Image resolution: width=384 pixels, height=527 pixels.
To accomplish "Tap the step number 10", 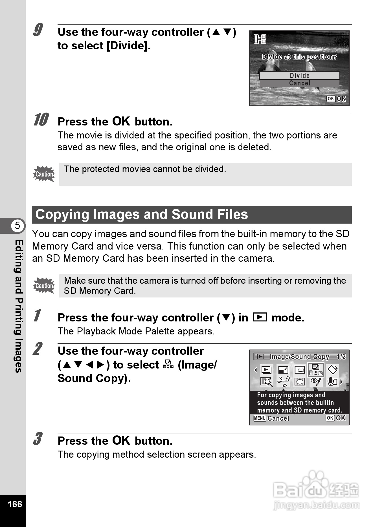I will click(41, 120).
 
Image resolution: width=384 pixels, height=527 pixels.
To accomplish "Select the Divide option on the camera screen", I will click(299, 76).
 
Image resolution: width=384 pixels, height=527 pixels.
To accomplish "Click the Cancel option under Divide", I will click(299, 83).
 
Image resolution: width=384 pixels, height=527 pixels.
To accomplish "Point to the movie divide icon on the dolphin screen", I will click(260, 39).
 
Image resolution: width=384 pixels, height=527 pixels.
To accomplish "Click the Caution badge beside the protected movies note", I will click(44, 174).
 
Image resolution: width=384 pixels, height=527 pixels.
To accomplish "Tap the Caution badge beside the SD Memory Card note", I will click(44, 286).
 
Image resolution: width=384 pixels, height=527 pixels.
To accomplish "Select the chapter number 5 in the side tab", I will click(17, 226).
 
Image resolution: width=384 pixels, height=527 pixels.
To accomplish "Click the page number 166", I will click(15, 504).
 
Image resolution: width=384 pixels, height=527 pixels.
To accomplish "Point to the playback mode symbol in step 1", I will click(260, 317).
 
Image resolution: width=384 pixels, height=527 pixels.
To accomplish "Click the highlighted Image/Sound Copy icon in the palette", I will click(316, 370).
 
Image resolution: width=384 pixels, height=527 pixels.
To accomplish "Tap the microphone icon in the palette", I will click(332, 382).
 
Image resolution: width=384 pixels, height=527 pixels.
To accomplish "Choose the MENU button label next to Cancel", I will click(260, 418).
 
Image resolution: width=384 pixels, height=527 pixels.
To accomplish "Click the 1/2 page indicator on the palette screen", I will click(341, 357).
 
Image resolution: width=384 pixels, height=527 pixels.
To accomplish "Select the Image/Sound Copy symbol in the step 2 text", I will click(168, 365).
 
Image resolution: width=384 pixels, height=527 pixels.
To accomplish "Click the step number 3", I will click(38, 439).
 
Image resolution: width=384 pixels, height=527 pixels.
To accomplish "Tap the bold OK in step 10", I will click(121, 121).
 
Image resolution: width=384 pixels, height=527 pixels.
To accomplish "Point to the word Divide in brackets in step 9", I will click(128, 46).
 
